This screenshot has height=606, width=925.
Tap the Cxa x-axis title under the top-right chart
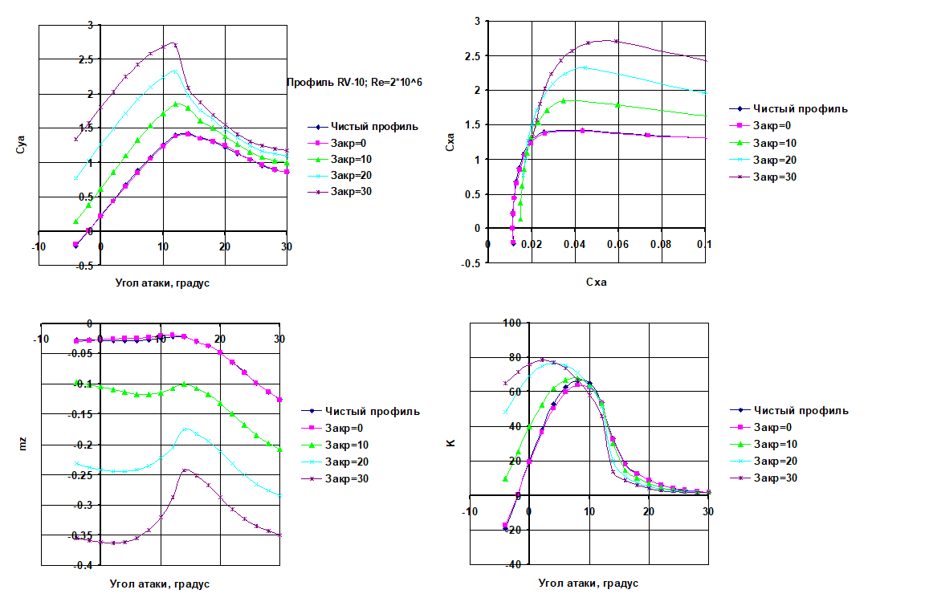(597, 283)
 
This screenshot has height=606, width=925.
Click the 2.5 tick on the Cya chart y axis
(85, 59)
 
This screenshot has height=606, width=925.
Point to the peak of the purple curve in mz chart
(185, 470)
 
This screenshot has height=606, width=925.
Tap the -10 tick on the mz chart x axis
(40, 339)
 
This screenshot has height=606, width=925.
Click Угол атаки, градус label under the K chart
(588, 584)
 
